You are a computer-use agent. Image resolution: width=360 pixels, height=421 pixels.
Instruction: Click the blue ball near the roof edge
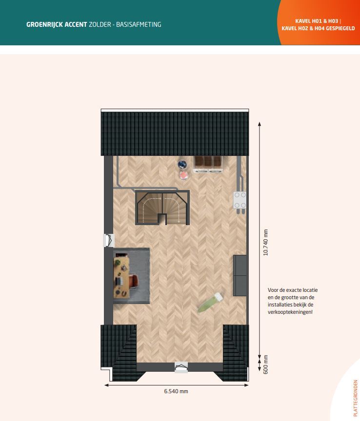(182, 164)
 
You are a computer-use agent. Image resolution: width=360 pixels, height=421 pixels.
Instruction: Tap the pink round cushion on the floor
(183, 175)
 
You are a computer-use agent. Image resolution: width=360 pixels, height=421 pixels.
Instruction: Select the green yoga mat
(210, 303)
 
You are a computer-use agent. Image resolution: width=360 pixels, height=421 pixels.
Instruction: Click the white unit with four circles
(240, 200)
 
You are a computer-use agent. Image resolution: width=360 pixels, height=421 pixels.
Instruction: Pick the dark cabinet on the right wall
(240, 275)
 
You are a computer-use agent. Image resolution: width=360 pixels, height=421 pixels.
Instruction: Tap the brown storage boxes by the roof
(208, 164)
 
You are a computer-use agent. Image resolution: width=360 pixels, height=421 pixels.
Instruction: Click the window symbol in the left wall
(109, 240)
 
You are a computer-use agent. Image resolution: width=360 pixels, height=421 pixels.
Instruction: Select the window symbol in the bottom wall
(181, 367)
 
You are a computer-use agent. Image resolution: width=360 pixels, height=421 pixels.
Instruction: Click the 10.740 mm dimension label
(266, 243)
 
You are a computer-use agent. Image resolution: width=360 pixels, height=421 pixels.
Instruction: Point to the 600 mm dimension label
(266, 364)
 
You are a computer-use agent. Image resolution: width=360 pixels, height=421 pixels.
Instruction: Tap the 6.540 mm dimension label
(176, 391)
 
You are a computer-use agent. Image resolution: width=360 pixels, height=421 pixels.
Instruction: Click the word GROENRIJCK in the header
(44, 24)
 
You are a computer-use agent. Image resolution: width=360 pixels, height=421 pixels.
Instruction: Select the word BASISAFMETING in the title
(139, 24)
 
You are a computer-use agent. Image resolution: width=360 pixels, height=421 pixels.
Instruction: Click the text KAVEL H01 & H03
(317, 21)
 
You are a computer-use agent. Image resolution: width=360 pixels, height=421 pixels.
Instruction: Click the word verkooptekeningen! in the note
(290, 312)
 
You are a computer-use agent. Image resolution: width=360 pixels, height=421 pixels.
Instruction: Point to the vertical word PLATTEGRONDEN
(356, 398)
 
